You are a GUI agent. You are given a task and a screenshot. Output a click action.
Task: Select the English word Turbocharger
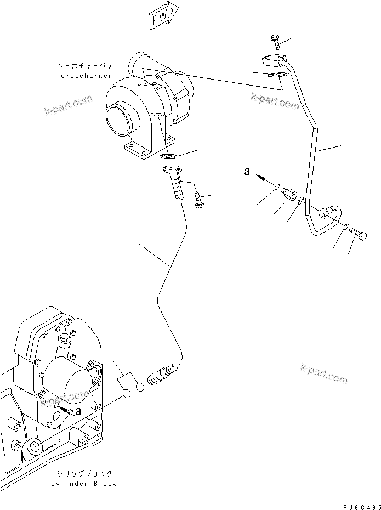tap(84, 75)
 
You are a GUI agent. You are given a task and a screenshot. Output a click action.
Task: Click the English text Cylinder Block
tap(83, 484)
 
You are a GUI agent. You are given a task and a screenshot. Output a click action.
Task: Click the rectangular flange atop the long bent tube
tap(272, 61)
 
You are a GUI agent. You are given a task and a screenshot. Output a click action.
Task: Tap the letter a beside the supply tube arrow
tap(248, 172)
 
